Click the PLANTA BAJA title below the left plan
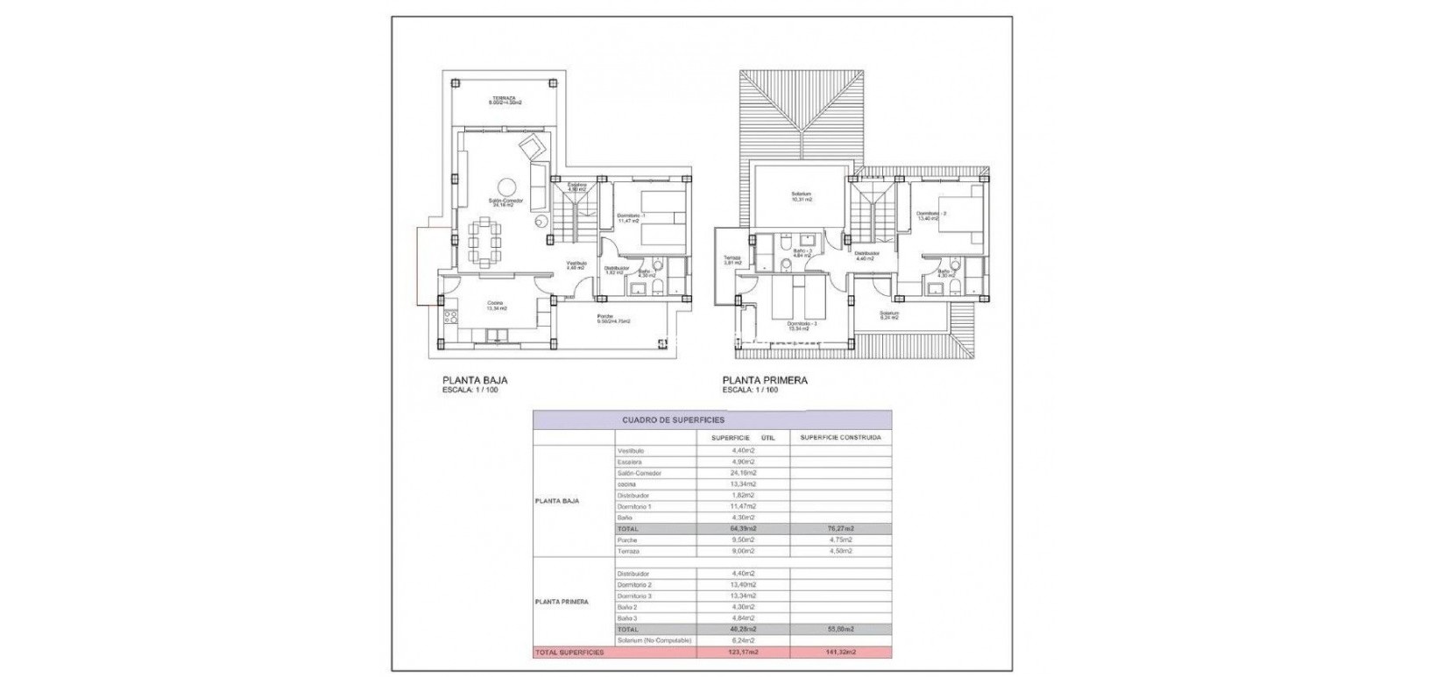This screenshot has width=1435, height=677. pyautogui.click(x=475, y=381)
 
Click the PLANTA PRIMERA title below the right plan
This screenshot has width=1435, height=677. pyautogui.click(x=764, y=381)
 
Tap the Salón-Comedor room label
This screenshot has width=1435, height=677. pyautogui.click(x=506, y=202)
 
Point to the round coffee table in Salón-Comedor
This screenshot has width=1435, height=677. pyautogui.click(x=507, y=187)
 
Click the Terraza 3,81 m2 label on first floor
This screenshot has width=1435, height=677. pyautogui.click(x=732, y=260)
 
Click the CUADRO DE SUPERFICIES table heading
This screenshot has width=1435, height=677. pyautogui.click(x=674, y=420)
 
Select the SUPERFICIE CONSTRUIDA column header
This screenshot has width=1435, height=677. pyautogui.click(x=840, y=437)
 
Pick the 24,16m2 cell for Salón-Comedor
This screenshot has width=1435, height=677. pyautogui.click(x=743, y=473)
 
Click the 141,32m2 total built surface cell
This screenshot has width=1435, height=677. pyautogui.click(x=840, y=652)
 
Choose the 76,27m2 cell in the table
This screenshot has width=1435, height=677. pyautogui.click(x=840, y=529)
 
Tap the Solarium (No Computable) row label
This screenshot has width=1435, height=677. pyautogui.click(x=654, y=641)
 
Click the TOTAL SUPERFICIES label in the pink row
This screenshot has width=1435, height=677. pyautogui.click(x=569, y=652)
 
